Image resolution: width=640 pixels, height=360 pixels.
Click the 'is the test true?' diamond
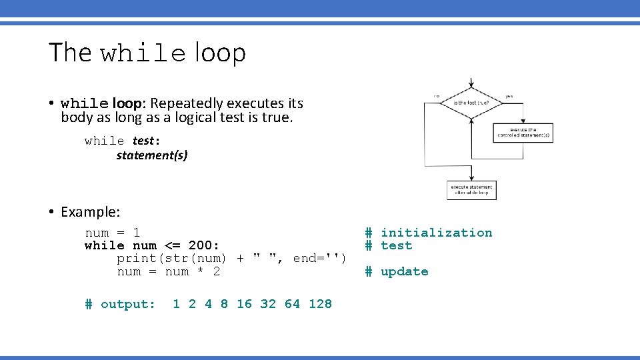click(x=472, y=102)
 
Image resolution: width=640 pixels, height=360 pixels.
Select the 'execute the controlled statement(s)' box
click(x=524, y=132)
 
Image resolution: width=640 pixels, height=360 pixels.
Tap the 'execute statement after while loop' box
click(x=471, y=190)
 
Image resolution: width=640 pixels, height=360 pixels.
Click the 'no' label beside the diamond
click(x=436, y=95)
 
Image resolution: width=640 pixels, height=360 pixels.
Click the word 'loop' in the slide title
click(x=221, y=53)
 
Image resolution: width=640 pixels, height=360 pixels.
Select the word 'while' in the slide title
click(x=143, y=54)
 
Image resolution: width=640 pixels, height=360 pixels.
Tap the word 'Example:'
click(x=91, y=212)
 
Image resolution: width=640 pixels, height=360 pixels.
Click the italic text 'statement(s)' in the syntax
click(x=152, y=155)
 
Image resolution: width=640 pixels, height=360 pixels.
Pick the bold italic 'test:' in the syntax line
click(x=146, y=141)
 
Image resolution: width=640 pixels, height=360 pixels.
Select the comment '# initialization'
click(x=429, y=233)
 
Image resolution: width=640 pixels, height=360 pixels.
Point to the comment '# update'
click(x=397, y=271)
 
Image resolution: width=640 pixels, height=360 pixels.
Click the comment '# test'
click(x=389, y=245)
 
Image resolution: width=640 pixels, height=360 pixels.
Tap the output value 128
click(x=320, y=304)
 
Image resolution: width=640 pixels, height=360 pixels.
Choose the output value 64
click(x=292, y=304)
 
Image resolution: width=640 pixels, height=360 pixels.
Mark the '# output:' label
click(x=120, y=304)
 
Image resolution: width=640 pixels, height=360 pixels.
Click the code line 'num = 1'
click(x=112, y=233)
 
